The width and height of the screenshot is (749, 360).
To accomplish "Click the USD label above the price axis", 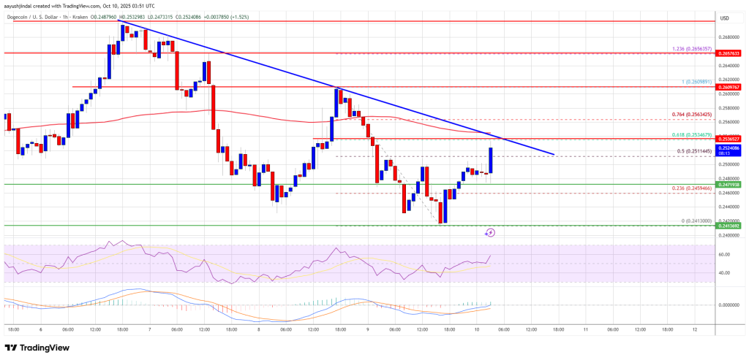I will [724, 18].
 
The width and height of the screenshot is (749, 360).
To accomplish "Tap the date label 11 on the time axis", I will [587, 330].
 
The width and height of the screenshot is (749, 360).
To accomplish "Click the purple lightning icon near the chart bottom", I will [490, 233].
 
